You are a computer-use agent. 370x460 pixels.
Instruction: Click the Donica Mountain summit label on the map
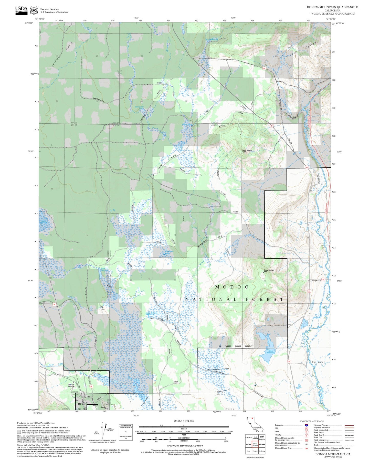(247, 151)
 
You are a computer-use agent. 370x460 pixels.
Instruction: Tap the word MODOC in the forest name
(232, 287)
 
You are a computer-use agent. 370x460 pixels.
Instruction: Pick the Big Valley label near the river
(318, 362)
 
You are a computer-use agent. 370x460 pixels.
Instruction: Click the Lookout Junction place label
(71, 385)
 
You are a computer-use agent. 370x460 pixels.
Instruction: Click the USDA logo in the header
(21, 10)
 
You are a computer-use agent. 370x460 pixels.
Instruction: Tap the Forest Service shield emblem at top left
(34, 11)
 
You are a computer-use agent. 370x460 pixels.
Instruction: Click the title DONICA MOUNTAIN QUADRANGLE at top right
(332, 7)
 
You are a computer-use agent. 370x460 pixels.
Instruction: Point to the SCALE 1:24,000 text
(184, 421)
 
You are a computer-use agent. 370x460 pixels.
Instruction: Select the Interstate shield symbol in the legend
(306, 425)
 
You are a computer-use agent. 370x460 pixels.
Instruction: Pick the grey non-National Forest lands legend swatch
(19, 432)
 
